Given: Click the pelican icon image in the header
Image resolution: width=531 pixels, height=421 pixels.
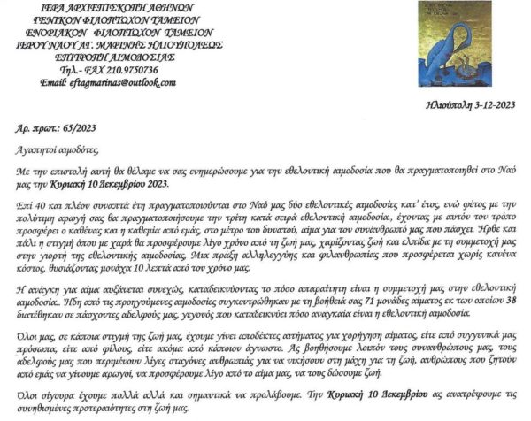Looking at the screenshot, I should tap(430, 44).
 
